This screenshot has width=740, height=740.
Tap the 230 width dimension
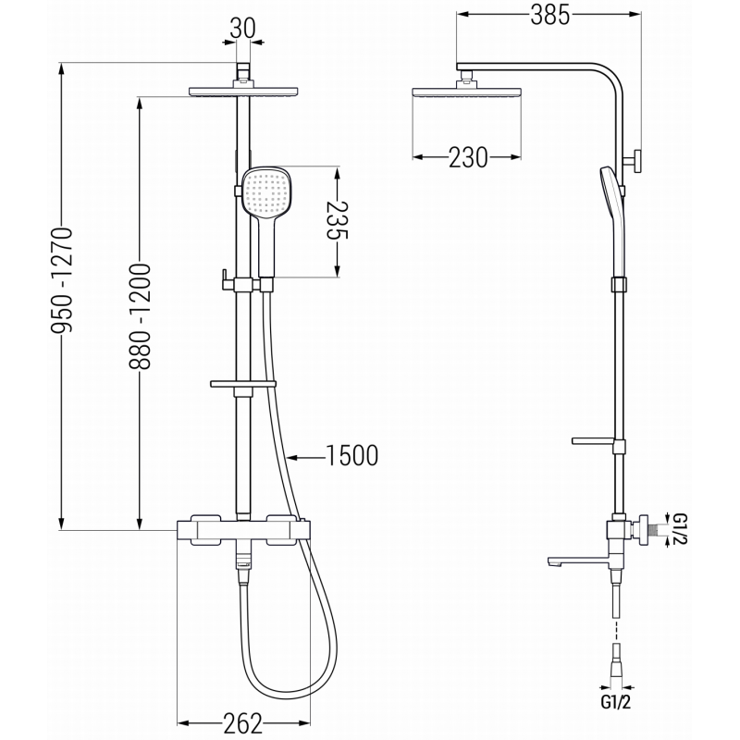coord(467,158)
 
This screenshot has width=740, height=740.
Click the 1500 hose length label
coord(351,454)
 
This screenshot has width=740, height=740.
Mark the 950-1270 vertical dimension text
coord(61,297)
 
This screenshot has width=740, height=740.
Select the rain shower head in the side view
coord(466,91)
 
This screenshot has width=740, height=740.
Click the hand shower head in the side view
coord(605,190)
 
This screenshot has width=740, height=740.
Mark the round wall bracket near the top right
coord(637,163)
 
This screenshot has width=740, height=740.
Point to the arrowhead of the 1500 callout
coord(289,455)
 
